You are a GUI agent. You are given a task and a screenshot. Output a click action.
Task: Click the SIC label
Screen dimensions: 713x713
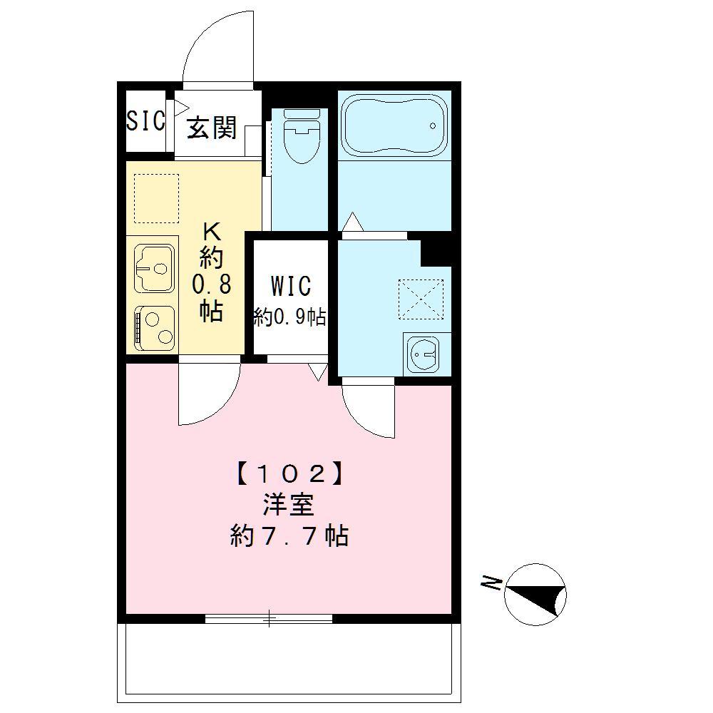145,121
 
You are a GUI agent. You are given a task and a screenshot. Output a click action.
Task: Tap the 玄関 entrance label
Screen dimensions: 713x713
212,128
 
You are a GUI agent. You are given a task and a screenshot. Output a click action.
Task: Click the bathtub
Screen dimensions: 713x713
394,125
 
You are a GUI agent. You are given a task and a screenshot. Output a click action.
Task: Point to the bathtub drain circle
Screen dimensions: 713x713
432,126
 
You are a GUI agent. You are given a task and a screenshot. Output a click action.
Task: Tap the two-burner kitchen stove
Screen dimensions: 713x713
155,328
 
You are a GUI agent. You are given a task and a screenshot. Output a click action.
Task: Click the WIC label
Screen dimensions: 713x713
290,286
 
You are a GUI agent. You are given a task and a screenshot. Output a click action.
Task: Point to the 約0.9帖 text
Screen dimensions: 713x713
290,317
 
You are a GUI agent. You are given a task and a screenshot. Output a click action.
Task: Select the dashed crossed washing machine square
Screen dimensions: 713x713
420,299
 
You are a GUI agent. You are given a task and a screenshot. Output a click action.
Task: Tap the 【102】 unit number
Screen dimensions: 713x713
289,472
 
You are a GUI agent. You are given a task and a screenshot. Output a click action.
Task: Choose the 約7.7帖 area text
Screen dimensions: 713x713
289,535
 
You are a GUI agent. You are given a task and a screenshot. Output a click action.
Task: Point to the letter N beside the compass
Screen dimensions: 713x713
491,585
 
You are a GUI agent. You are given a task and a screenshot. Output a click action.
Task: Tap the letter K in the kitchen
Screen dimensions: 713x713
212,231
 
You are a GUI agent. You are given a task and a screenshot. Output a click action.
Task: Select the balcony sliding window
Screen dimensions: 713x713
269,618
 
